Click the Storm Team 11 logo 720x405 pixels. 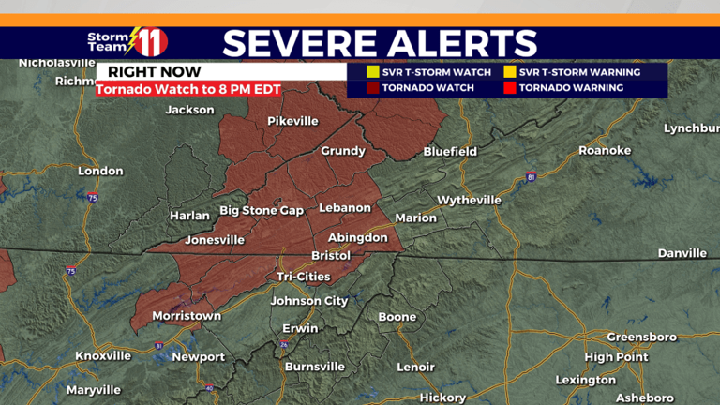point(127,41)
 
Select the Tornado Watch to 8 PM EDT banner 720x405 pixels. point(188,90)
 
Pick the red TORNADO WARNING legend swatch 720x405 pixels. point(510,88)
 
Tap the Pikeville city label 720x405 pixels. point(293,121)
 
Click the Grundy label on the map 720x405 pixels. point(343,151)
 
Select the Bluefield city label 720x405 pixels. point(450,151)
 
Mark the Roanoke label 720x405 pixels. point(605,150)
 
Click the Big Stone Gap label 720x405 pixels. point(262,210)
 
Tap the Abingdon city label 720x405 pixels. point(357,238)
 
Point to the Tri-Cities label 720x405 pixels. point(304,277)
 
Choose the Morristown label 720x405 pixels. point(186,315)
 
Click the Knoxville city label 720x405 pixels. point(103,356)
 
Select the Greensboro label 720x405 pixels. point(641,337)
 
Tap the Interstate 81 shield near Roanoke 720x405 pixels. point(531,176)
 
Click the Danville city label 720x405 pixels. point(682,253)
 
